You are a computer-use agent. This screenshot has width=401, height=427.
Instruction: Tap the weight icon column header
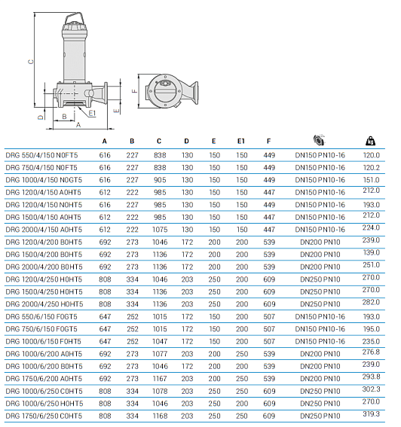click(x=370, y=140)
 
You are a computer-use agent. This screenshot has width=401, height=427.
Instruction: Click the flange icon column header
click(x=320, y=140)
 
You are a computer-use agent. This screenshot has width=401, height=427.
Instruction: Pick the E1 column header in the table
click(x=241, y=141)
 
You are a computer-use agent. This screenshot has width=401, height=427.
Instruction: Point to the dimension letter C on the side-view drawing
click(x=30, y=63)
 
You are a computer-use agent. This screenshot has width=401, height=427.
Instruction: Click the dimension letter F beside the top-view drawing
click(x=134, y=93)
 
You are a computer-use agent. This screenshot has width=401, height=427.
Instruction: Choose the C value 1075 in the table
click(x=159, y=229)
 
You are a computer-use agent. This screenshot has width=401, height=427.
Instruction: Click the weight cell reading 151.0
click(x=372, y=180)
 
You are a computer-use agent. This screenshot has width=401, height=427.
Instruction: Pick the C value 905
click(x=159, y=180)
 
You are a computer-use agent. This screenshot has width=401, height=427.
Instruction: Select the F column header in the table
click(x=268, y=141)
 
